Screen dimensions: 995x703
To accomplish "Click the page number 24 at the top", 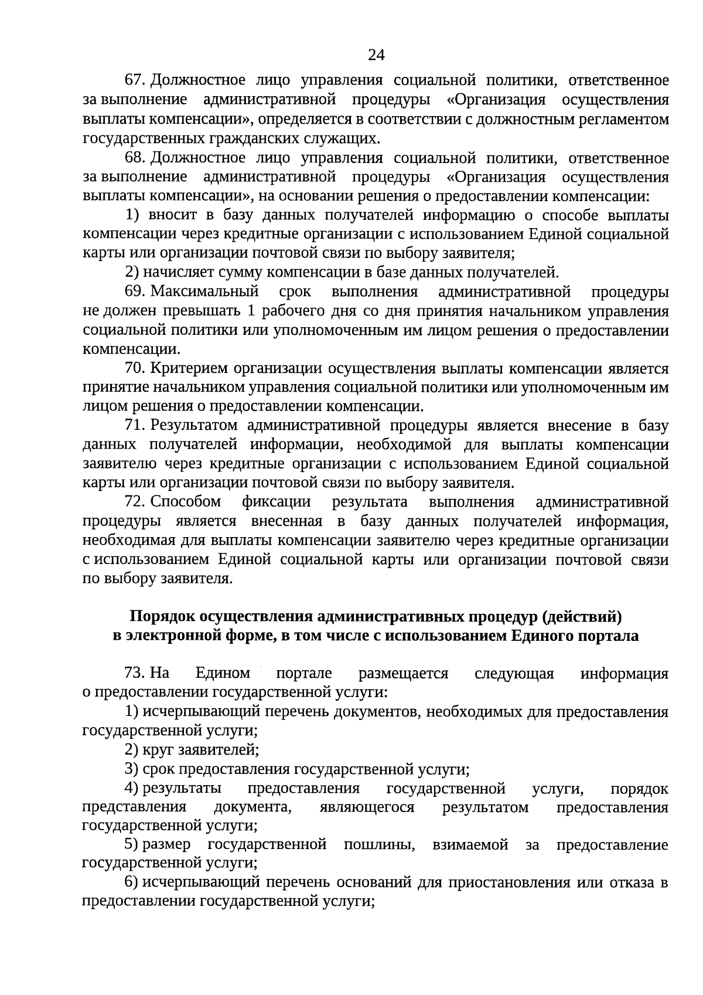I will point(376,55).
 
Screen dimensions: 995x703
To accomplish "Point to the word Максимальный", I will point(204,291).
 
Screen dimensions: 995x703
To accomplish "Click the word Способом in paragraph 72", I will point(186,502).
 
